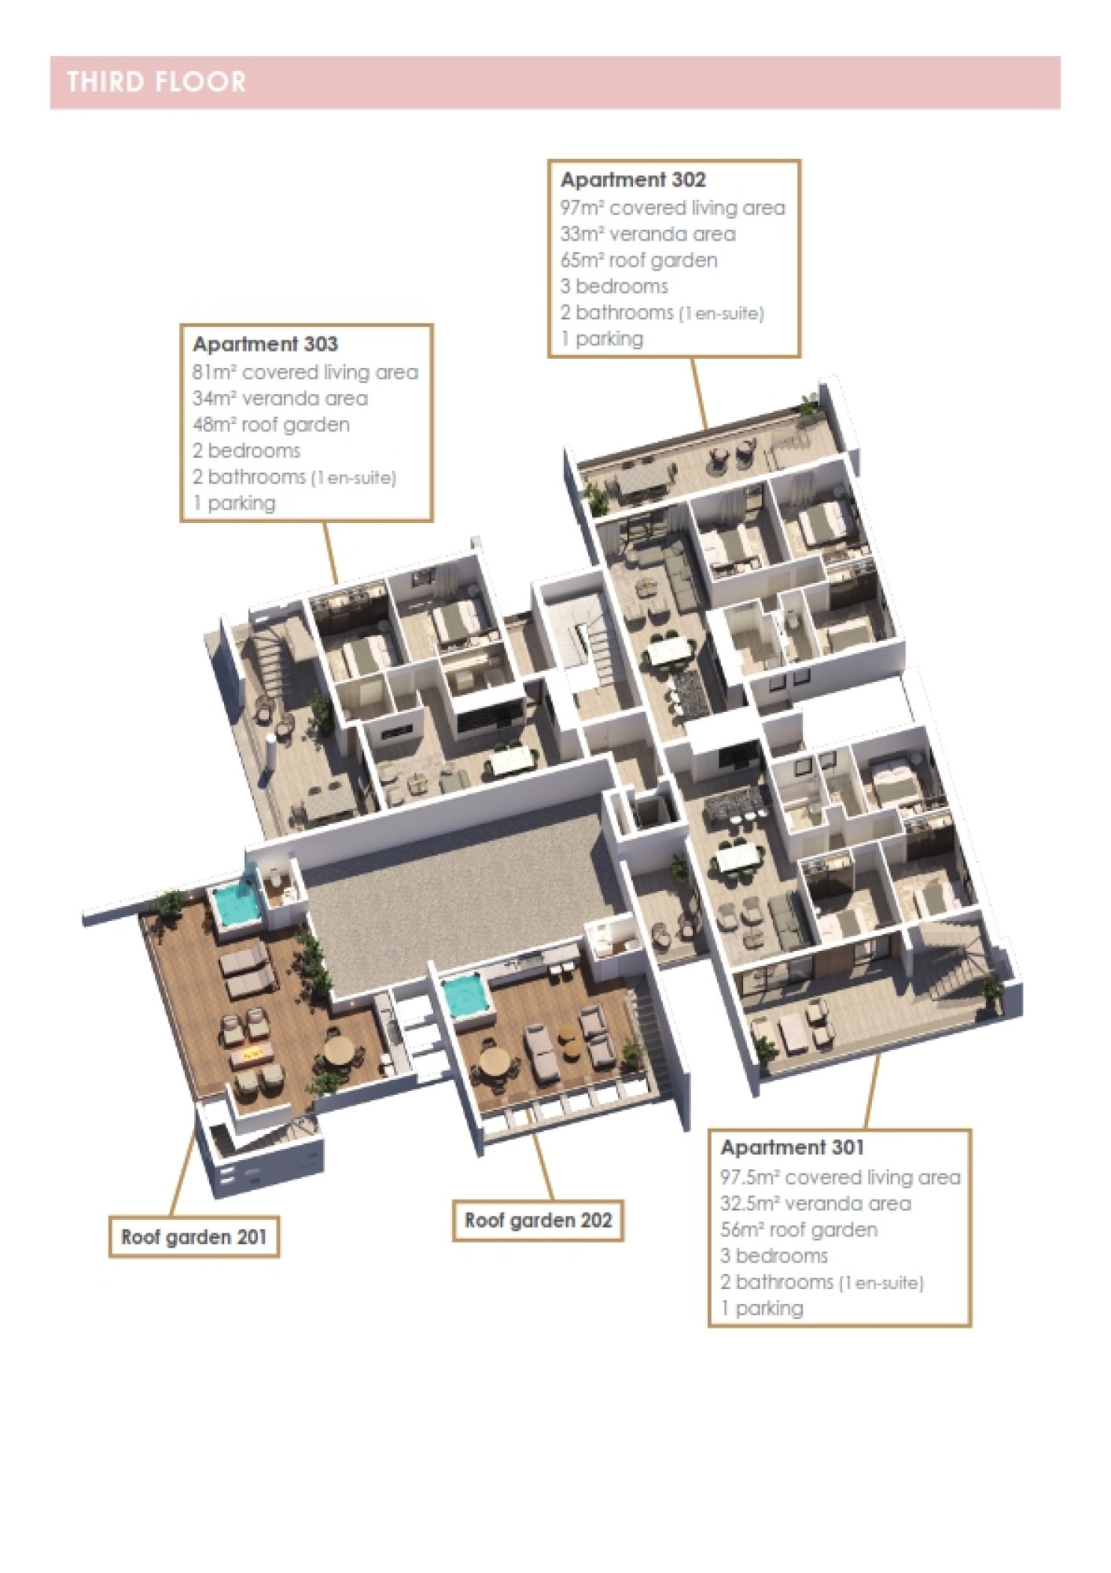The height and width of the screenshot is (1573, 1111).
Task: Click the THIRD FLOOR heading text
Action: click(x=156, y=82)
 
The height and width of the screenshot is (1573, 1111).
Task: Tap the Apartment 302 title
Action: click(x=633, y=180)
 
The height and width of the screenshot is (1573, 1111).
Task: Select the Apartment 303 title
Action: click(x=265, y=344)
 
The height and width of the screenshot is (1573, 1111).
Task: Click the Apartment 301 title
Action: click(x=792, y=1148)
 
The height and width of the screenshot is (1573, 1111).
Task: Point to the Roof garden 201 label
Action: click(x=194, y=1237)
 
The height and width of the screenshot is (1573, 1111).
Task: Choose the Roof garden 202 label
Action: click(x=538, y=1221)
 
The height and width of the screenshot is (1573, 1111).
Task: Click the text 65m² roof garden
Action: click(x=638, y=260)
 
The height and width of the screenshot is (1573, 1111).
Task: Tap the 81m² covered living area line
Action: click(x=305, y=372)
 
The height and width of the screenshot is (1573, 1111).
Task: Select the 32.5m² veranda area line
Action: click(x=815, y=1203)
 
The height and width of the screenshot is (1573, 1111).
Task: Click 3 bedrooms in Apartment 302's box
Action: click(x=614, y=286)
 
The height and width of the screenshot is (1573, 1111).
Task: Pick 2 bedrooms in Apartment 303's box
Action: click(x=246, y=451)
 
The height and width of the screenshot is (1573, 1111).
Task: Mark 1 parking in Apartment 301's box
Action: click(x=762, y=1308)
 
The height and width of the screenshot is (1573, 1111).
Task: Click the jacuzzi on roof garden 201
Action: click(x=235, y=905)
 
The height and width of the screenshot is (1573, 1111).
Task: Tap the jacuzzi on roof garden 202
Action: click(x=465, y=995)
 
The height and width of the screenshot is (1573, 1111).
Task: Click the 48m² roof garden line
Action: click(x=271, y=425)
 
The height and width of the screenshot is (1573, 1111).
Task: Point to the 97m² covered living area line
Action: click(x=673, y=208)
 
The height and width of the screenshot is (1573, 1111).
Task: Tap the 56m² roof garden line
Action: click(x=799, y=1230)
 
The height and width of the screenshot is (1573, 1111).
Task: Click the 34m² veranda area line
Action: click(x=280, y=399)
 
